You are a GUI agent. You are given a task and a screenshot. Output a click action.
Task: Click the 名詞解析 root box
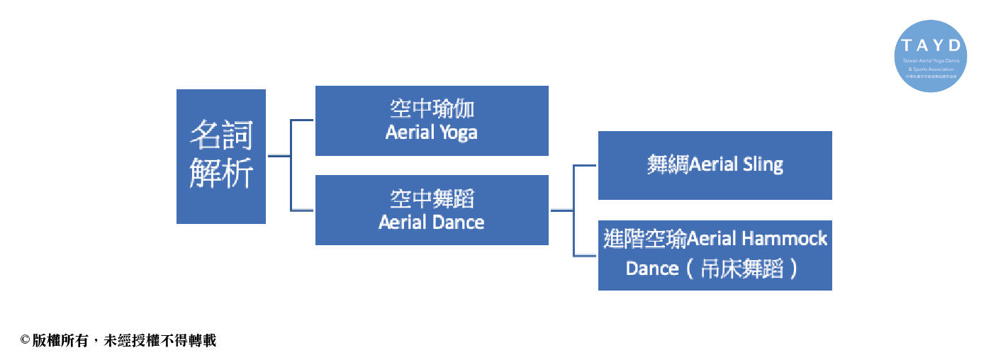pyautogui.click(x=220, y=156)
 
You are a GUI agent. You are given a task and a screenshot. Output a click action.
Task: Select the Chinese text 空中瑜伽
pyautogui.click(x=431, y=109)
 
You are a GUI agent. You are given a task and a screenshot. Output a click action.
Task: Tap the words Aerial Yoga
pyautogui.click(x=431, y=132)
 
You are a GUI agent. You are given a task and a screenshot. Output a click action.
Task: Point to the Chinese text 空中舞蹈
pyautogui.click(x=431, y=198)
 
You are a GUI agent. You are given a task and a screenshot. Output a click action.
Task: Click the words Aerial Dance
pyautogui.click(x=431, y=222)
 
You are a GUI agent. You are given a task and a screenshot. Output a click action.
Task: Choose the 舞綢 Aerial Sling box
pyautogui.click(x=715, y=165)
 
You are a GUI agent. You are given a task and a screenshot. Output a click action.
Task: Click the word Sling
pyautogui.click(x=763, y=165)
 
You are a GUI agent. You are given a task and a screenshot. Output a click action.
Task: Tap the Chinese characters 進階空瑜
pyautogui.click(x=644, y=238)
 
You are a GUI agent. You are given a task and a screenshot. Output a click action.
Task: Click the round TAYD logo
pyautogui.click(x=931, y=56)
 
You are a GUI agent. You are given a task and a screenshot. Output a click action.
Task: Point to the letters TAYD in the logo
pyautogui.click(x=931, y=45)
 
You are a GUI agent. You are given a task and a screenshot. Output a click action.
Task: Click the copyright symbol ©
pyautogui.click(x=25, y=341)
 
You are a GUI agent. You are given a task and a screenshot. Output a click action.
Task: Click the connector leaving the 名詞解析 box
pyautogui.click(x=279, y=156)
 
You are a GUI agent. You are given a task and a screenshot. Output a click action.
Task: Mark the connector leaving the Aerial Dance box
pyautogui.click(x=561, y=210)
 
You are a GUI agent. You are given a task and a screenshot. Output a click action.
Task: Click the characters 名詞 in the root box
pyautogui.click(x=220, y=135)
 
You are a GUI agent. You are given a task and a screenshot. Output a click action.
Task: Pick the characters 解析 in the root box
pyautogui.click(x=220, y=174)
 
